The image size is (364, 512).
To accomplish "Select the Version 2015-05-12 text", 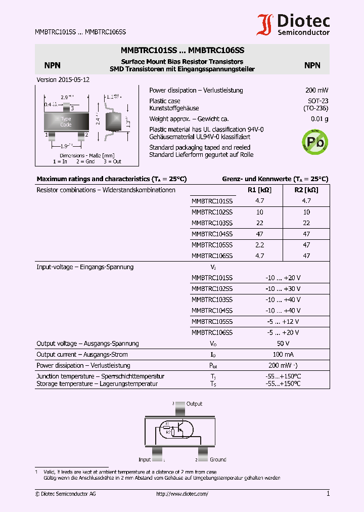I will click(x=63, y=80).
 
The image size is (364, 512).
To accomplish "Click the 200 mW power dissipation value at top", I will click(x=316, y=90).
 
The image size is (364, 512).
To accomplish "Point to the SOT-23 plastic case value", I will click(x=318, y=101).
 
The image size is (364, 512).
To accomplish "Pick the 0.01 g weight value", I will click(x=320, y=119).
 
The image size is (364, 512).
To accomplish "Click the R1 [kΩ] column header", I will click(x=259, y=190).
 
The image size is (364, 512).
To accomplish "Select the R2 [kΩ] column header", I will click(x=306, y=190).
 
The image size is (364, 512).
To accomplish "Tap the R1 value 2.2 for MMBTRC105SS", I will click(x=259, y=245).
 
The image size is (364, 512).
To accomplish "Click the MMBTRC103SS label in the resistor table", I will click(x=212, y=223).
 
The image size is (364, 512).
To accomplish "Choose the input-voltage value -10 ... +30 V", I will click(x=283, y=289).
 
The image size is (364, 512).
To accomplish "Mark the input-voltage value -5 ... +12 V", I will click(x=283, y=322).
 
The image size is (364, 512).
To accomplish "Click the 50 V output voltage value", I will click(x=283, y=344).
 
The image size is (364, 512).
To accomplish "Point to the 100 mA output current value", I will click(x=283, y=355).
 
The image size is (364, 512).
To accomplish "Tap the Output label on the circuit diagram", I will click(x=194, y=404).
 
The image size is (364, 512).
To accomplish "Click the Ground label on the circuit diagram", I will click(x=218, y=459).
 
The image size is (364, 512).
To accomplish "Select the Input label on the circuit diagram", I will click(x=145, y=459).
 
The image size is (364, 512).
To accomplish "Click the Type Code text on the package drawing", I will click(x=66, y=121).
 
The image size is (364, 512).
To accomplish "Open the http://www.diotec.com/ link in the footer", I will click(x=182, y=494).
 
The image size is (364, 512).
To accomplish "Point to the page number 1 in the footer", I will click(x=328, y=494).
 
